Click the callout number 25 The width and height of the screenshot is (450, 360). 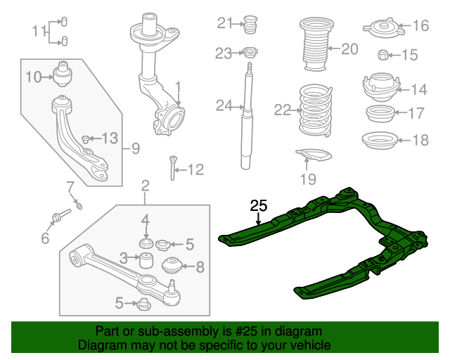(x=259, y=206)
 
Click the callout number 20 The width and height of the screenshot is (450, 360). (x=349, y=49)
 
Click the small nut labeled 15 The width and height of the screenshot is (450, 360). (x=383, y=55)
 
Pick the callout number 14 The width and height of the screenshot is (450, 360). (x=419, y=89)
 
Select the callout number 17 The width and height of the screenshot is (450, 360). (x=416, y=112)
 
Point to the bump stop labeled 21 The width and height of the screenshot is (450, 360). (x=248, y=25)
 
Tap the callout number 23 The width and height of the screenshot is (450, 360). (x=223, y=53)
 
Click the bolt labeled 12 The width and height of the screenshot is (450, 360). (x=172, y=169)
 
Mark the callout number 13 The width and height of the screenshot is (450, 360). (x=110, y=138)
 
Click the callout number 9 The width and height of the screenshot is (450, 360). (x=135, y=148)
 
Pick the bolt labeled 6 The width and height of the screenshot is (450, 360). (x=58, y=215)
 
